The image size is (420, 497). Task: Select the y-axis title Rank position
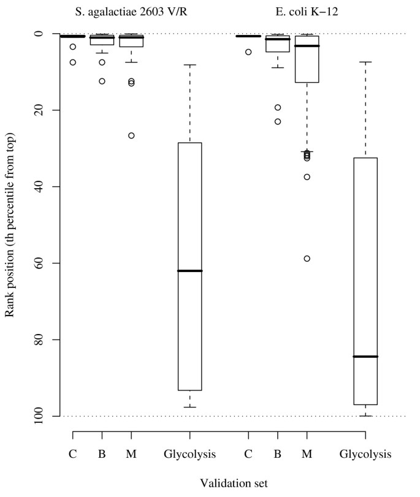click(x=10, y=224)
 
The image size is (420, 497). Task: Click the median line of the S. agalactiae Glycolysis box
click(x=189, y=271)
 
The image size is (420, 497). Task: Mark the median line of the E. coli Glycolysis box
click(x=365, y=357)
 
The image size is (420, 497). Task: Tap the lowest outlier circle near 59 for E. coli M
click(x=307, y=259)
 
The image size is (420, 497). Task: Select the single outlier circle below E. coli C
click(x=248, y=52)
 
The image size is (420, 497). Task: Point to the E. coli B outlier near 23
click(x=278, y=121)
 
